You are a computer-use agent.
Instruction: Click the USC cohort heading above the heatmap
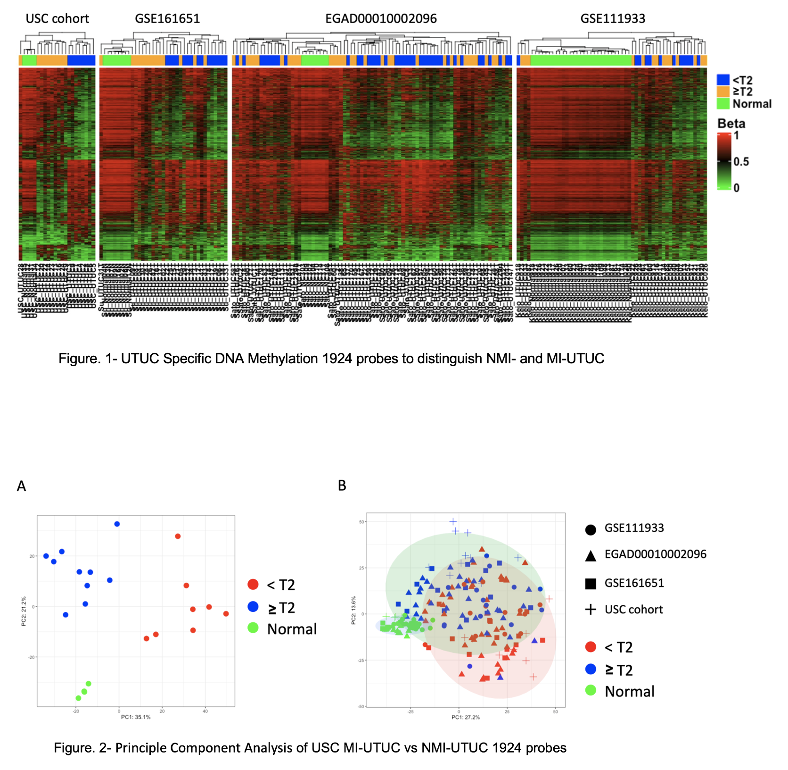[57, 19]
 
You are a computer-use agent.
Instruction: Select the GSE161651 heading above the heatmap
[167, 19]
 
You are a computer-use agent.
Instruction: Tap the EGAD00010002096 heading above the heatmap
[381, 19]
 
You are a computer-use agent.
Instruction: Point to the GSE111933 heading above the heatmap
[613, 19]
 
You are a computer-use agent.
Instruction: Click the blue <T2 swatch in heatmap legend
[723, 80]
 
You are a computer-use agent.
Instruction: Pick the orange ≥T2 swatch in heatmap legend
[723, 92]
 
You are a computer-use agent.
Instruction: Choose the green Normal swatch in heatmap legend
[723, 103]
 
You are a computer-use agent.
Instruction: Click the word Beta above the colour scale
[731, 124]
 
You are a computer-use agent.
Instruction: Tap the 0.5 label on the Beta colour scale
[741, 162]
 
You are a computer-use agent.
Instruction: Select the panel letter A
[21, 486]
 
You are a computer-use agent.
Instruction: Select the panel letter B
[342, 485]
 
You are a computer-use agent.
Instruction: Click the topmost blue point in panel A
[117, 524]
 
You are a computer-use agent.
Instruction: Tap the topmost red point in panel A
[178, 536]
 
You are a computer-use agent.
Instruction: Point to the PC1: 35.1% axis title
[136, 717]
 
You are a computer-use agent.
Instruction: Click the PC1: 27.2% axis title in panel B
[466, 717]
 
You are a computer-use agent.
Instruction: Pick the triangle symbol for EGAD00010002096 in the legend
[591, 556]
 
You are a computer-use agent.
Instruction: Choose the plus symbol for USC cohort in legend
[591, 610]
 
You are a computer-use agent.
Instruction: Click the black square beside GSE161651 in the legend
[591, 584]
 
